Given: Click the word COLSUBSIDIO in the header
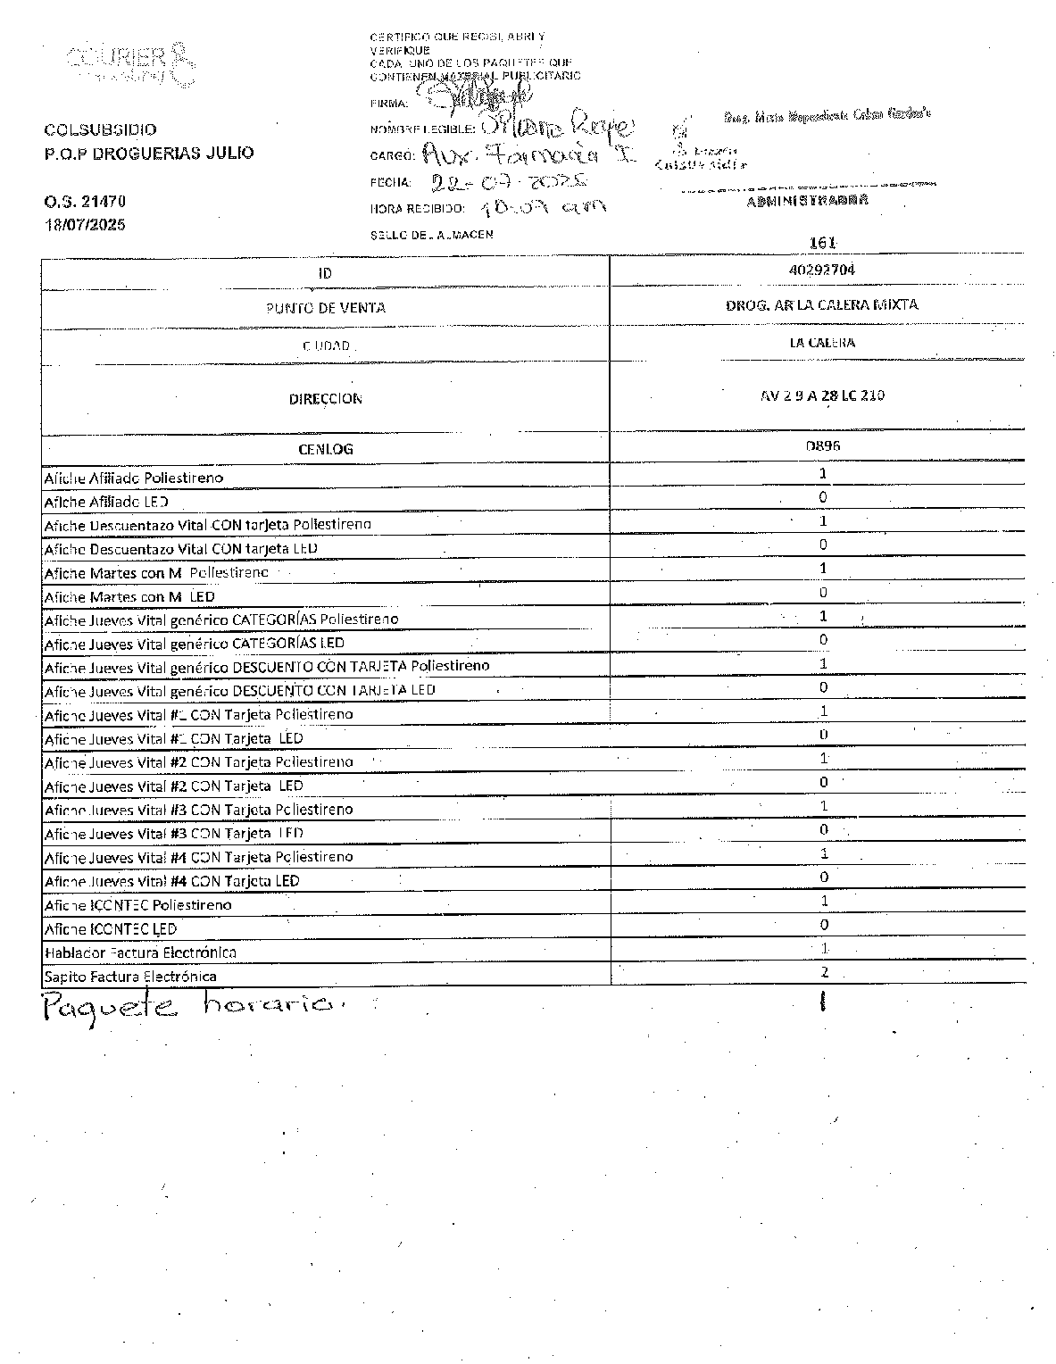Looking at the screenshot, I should (x=100, y=129).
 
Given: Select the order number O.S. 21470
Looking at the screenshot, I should (x=85, y=202).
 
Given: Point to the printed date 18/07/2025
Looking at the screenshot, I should (x=86, y=224).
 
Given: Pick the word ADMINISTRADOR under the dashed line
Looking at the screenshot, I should (x=806, y=201).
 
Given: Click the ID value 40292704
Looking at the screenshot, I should (x=822, y=269).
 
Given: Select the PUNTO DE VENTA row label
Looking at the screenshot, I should (x=325, y=308).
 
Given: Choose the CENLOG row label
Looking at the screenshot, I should (x=325, y=449).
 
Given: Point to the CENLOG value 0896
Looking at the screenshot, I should (x=822, y=445).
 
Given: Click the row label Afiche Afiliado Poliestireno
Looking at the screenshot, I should (x=134, y=478).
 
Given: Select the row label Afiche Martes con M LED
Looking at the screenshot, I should (x=129, y=596).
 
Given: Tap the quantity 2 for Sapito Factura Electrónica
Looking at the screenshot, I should (x=824, y=972).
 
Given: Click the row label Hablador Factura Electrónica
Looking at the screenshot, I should (x=140, y=952).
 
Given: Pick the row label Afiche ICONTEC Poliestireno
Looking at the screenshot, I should (x=138, y=905).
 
